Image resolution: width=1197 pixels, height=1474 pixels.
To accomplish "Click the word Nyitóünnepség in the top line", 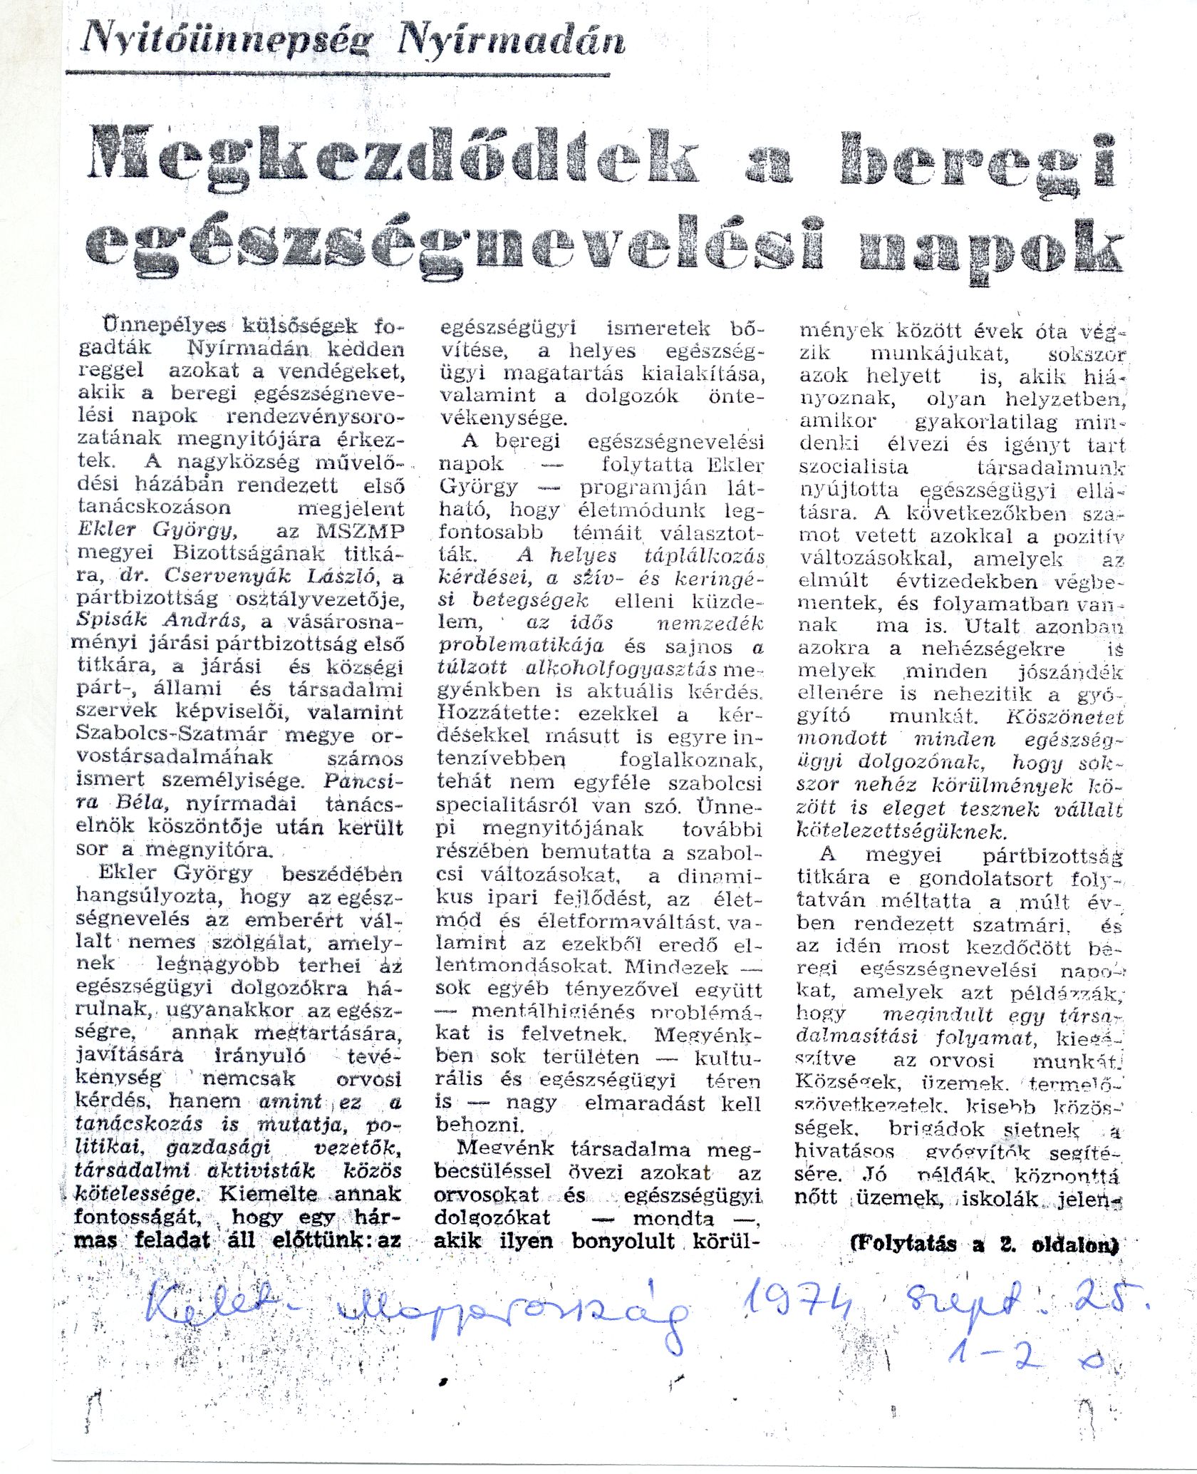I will pyautogui.click(x=227, y=38).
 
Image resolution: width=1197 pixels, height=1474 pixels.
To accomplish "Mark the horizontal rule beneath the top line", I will pyautogui.click(x=338, y=73).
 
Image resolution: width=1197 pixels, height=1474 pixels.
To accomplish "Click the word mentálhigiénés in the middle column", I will pyautogui.click(x=554, y=1011).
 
